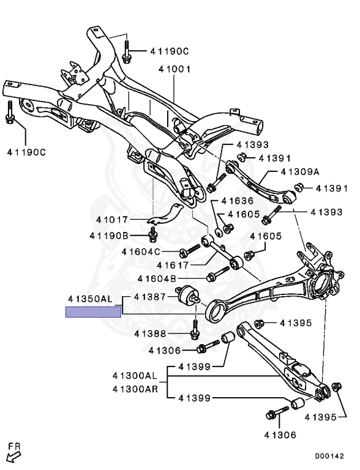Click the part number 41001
pyautogui.click(x=174, y=70)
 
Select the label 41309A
pyautogui.click(x=300, y=172)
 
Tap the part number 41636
pyautogui.click(x=238, y=201)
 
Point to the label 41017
pyautogui.click(x=112, y=220)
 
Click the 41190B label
pyautogui.click(x=109, y=236)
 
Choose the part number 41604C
pyautogui.click(x=141, y=252)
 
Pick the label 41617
pyautogui.click(x=173, y=265)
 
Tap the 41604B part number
pyautogui.click(x=157, y=279)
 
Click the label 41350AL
pyautogui.click(x=90, y=299)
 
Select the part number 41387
pyautogui.click(x=150, y=297)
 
